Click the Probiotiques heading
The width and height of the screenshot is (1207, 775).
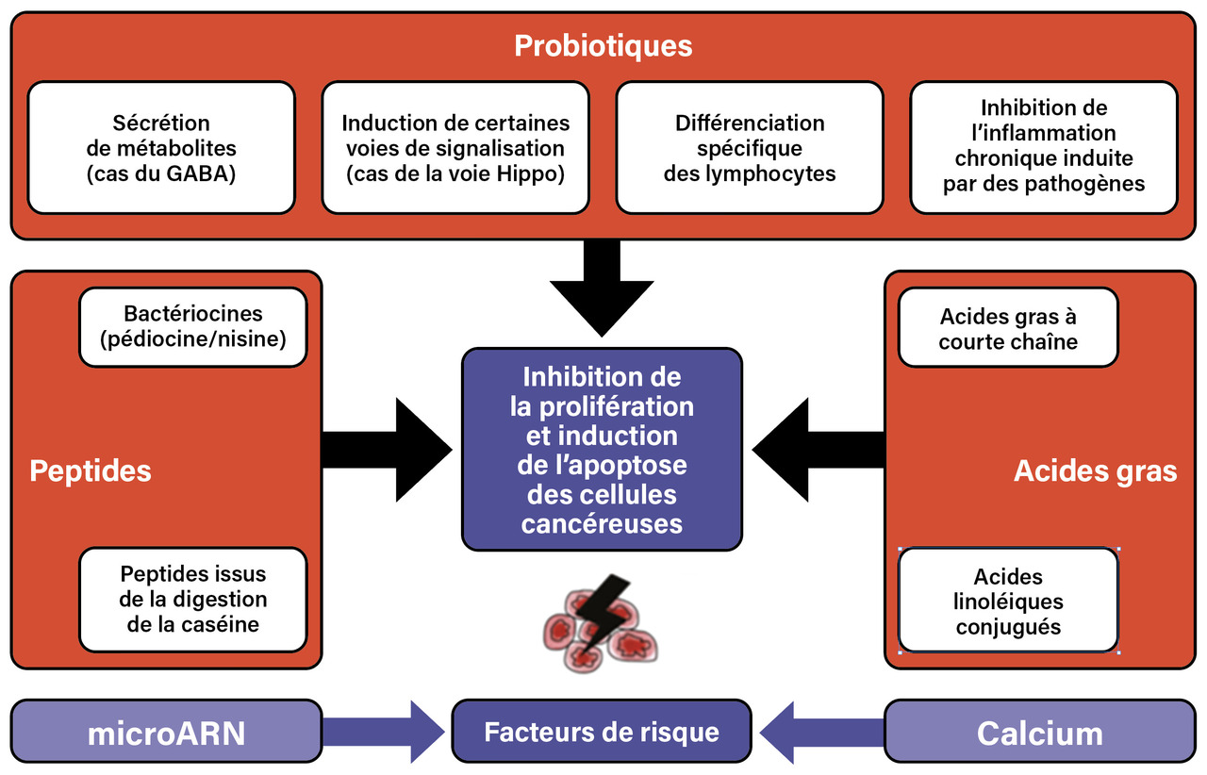coord(603,45)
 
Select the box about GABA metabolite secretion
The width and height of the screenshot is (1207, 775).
coord(161,148)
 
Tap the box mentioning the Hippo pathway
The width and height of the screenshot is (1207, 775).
coord(455,148)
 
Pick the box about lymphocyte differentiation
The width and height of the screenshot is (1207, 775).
coord(750,148)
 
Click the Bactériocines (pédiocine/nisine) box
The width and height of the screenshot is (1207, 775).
coord(193,326)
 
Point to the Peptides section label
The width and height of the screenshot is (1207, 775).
coord(91,470)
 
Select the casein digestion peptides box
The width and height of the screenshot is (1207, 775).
coord(193,599)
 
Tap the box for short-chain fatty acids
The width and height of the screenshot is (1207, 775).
coord(1008,328)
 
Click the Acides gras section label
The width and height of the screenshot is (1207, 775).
coord(1095,470)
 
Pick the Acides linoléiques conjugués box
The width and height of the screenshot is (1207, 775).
coord(1008,601)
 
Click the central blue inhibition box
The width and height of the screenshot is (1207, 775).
coord(602,449)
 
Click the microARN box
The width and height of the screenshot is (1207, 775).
coord(166,733)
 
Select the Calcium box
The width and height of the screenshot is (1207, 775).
coord(1039,733)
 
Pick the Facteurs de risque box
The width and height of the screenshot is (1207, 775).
coord(602,732)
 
